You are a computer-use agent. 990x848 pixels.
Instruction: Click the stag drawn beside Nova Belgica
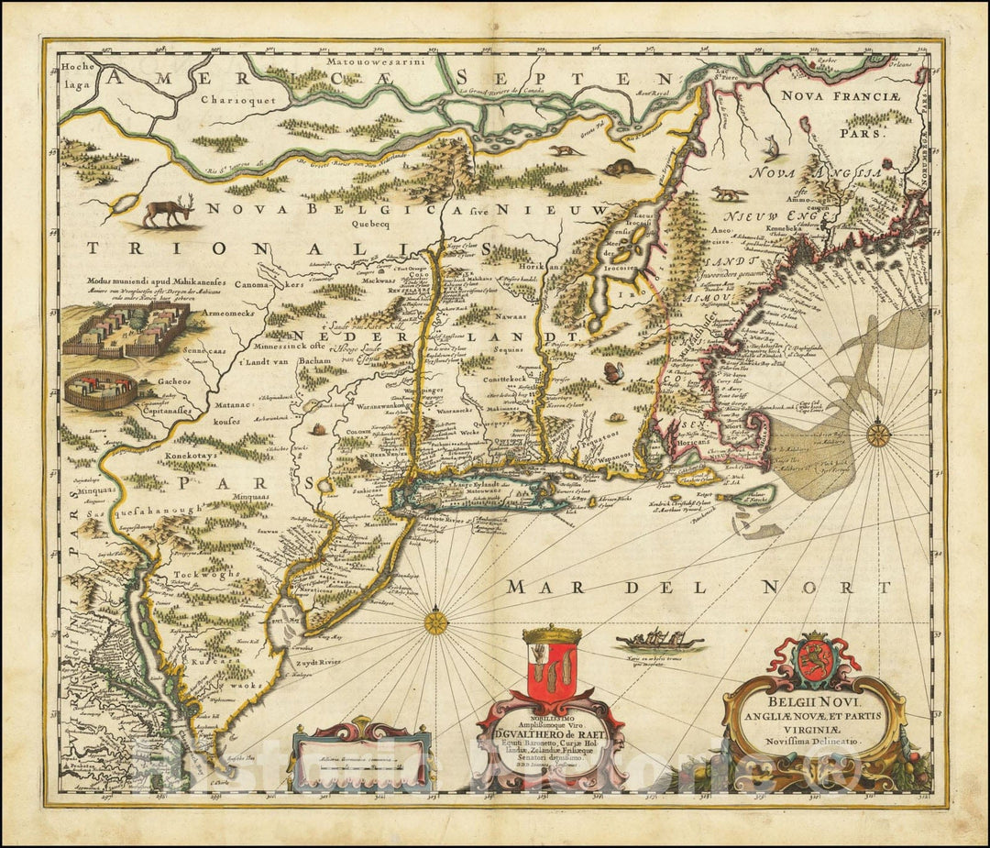click(167, 212)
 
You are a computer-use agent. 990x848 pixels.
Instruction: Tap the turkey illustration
click(612, 371)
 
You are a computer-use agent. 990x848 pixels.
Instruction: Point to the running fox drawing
click(730, 193)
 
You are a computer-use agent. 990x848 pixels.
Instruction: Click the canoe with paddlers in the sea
click(658, 640)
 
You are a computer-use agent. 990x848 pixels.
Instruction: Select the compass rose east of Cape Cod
click(878, 433)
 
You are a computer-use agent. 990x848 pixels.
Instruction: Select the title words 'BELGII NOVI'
click(811, 695)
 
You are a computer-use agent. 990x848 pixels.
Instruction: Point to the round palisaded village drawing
click(100, 389)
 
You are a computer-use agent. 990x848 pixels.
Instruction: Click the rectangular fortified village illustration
click(126, 331)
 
